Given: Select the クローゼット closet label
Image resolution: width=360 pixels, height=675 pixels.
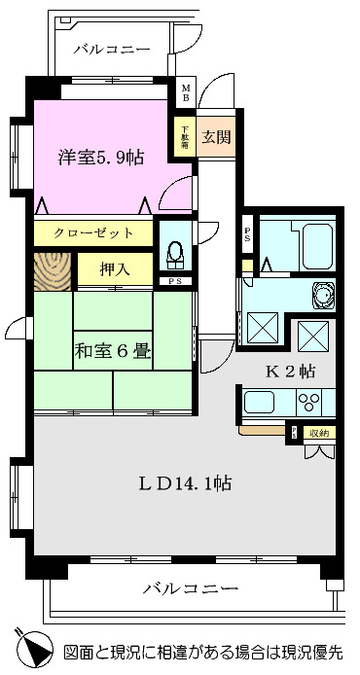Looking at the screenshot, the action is pos(91,233).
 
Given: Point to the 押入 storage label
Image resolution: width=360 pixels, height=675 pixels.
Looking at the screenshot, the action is pos(113,268).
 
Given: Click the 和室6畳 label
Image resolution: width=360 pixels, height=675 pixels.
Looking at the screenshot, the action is pos(113,351).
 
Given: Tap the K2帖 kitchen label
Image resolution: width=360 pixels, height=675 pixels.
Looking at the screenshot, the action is pos(290,371).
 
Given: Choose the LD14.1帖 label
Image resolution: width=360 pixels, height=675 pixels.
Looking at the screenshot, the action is pos(185,481).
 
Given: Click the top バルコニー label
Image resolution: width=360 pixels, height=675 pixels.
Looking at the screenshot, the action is pos(111,49).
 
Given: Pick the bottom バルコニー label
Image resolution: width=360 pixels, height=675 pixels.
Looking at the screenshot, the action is pos(191,588).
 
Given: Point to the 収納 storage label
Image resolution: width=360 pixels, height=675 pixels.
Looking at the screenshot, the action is pos(317,433).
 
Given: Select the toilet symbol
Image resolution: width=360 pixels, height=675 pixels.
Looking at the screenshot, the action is pos(175,252).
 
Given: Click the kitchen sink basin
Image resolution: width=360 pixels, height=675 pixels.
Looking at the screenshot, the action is pos(261,402).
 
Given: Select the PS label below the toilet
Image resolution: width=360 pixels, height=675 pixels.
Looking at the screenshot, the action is pos(175,281).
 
